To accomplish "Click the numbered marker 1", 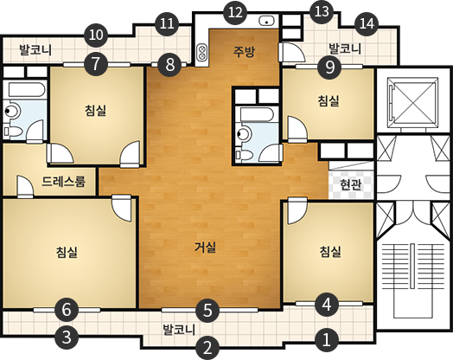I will (x=326, y=338).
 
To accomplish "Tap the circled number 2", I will (x=207, y=348).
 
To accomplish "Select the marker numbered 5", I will (x=206, y=308).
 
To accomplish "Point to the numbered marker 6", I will (x=67, y=309).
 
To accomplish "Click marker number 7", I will (x=95, y=62).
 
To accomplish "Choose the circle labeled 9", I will (x=329, y=66).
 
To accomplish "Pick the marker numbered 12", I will (x=233, y=12).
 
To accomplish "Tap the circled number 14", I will (x=367, y=22).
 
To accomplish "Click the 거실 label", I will (x=205, y=247).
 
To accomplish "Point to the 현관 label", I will (x=350, y=184).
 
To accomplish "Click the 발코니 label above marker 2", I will (x=180, y=330).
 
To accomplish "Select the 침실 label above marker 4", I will (x=329, y=252).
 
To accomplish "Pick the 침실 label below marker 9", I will (x=328, y=101).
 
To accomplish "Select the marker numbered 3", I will (x=69, y=337).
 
